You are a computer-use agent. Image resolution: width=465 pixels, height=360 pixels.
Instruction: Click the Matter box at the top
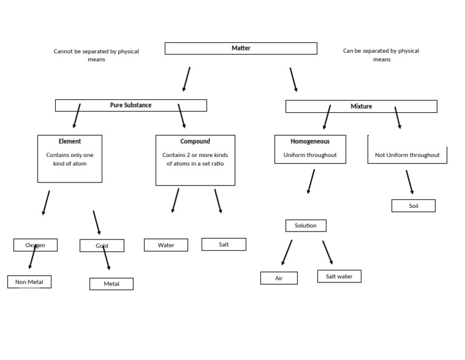(x=240, y=48)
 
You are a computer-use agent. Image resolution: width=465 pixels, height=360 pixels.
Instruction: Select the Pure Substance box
(x=131, y=105)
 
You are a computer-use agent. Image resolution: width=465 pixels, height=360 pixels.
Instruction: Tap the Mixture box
(x=361, y=107)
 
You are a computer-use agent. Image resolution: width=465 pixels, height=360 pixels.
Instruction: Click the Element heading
(x=70, y=141)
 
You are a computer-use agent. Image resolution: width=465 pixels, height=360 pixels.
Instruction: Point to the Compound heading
(x=195, y=141)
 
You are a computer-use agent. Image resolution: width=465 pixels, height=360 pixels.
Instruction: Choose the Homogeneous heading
(x=310, y=141)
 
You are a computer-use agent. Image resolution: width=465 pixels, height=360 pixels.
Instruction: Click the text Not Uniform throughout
(x=407, y=155)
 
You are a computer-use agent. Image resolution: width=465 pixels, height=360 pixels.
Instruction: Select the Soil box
(x=413, y=206)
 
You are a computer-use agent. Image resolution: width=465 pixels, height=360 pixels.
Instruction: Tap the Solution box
(x=306, y=225)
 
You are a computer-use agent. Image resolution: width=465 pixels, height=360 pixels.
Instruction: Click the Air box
(x=279, y=278)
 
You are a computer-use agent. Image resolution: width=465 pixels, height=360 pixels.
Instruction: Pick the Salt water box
(x=339, y=276)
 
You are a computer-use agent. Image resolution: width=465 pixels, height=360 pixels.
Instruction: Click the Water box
(x=166, y=245)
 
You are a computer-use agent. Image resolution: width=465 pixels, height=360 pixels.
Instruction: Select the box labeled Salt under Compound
(x=223, y=244)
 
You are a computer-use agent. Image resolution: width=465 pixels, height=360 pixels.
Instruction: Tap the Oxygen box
(x=35, y=245)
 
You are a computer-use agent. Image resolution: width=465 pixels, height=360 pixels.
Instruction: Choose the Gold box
(x=102, y=245)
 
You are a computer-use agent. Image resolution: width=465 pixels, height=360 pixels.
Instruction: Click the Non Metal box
(x=29, y=282)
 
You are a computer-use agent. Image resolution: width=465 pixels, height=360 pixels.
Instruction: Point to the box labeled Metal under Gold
(x=111, y=284)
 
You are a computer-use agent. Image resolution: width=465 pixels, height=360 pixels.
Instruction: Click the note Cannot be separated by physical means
(x=96, y=55)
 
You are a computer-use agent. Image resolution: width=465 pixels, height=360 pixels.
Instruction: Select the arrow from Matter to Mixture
(x=293, y=79)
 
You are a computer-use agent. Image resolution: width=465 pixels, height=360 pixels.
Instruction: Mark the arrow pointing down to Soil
(x=409, y=182)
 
